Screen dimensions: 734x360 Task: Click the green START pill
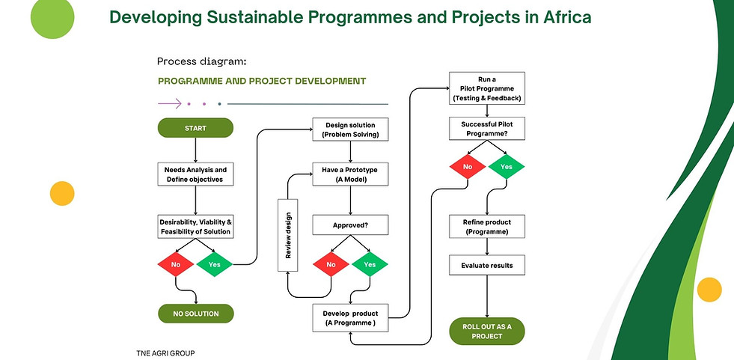click(x=195, y=128)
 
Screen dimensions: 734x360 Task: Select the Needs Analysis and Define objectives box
click(x=195, y=174)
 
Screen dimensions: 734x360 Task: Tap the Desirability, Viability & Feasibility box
click(x=195, y=227)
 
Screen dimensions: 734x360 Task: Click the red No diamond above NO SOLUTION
click(x=176, y=264)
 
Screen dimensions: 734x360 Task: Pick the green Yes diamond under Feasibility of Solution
click(x=215, y=264)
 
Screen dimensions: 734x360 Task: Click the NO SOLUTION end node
click(x=196, y=314)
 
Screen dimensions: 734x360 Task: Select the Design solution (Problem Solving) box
click(x=351, y=129)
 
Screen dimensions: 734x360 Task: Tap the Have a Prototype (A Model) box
click(x=351, y=174)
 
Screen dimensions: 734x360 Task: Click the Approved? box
click(x=351, y=225)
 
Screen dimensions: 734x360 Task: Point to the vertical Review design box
click(x=288, y=235)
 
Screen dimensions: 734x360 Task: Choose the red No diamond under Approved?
click(x=331, y=264)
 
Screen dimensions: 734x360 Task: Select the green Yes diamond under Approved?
click(x=370, y=264)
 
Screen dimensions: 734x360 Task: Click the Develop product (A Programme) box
click(x=351, y=318)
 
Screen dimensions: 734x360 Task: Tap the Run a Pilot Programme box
click(x=487, y=88)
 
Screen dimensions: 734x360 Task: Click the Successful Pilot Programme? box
click(x=487, y=129)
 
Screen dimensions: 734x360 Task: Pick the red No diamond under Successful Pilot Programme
click(x=468, y=167)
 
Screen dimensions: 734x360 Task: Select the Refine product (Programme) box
click(x=487, y=227)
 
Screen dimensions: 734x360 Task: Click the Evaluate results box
click(x=487, y=266)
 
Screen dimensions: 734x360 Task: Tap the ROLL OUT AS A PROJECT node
click(x=487, y=332)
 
